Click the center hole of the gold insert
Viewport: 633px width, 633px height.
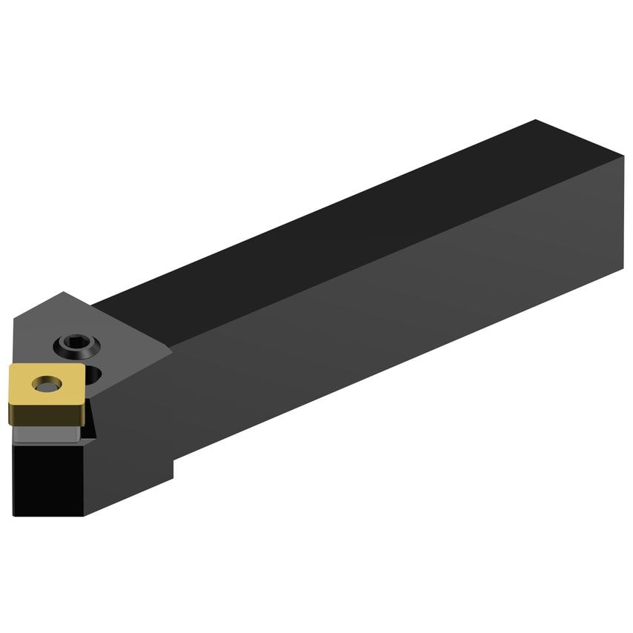pos(45,384)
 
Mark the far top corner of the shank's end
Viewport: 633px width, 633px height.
pos(535,120)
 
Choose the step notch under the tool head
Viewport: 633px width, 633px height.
pos(173,463)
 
